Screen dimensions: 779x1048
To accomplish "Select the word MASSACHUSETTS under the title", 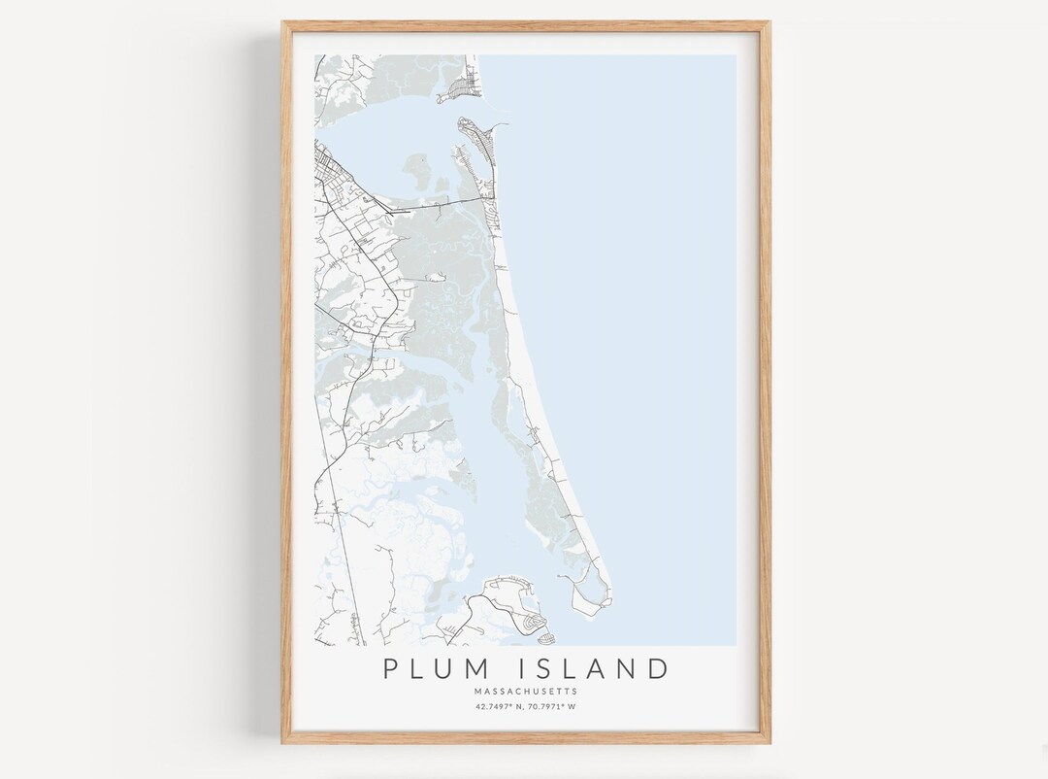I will (526, 692).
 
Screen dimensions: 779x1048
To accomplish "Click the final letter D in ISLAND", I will (658, 669).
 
